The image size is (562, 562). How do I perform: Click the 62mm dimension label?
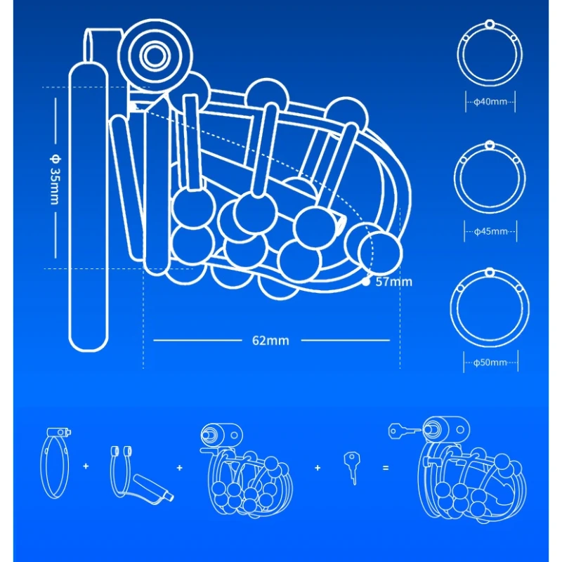(x=270, y=341)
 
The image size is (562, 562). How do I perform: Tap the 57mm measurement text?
(x=394, y=282)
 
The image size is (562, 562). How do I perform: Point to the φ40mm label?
(x=490, y=102)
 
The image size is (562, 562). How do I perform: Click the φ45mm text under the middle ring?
(x=490, y=231)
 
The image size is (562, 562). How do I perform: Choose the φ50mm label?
(x=490, y=362)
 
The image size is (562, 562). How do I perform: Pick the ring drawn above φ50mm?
(x=490, y=306)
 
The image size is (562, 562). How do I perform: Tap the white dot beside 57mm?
(x=366, y=282)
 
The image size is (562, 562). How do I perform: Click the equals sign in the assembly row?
(x=385, y=466)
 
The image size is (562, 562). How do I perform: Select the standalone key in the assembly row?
(x=351, y=466)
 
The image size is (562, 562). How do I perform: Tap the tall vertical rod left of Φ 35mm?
(x=89, y=207)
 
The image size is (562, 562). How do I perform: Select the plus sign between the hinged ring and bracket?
(x=86, y=466)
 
